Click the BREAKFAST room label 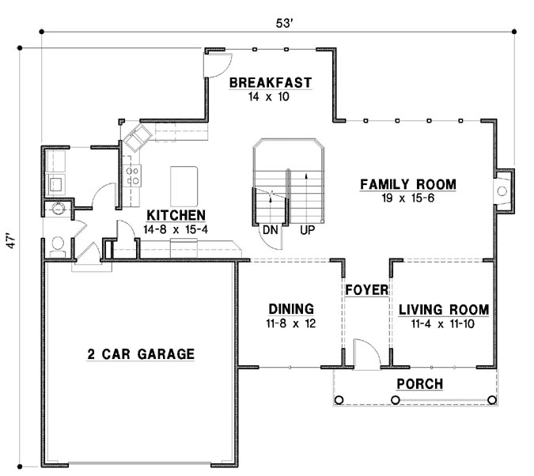tap(270, 82)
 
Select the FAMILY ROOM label tap(408, 184)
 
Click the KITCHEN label tap(177, 215)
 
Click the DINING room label tap(291, 309)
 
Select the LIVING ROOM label tap(443, 309)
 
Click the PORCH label tap(419, 384)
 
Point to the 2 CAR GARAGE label tap(140, 354)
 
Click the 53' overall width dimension tap(285, 22)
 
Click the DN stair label tap(271, 231)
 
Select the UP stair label tap(308, 231)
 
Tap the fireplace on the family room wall tap(503, 191)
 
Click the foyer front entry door tap(365, 353)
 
